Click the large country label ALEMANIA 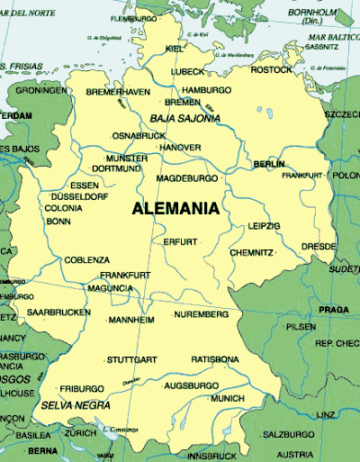(175, 209)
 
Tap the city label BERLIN (269, 165)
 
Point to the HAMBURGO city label (206, 91)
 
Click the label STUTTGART (131, 359)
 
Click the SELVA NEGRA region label (69, 406)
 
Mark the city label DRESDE (319, 245)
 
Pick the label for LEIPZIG (265, 226)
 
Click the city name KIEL (175, 49)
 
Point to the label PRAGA (333, 310)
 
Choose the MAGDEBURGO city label (187, 178)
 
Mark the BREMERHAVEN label (118, 92)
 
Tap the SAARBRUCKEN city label (58, 312)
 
